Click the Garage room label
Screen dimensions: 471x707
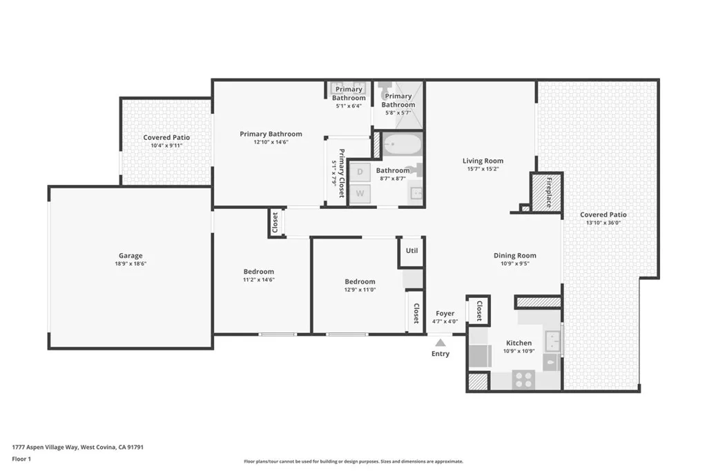pyautogui.click(x=130, y=256)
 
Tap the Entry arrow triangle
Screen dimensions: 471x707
pyautogui.click(x=440, y=342)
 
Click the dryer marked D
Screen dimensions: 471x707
pyautogui.click(x=360, y=171)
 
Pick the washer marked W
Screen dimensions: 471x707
pyautogui.click(x=360, y=194)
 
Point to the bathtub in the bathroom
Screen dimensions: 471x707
pyautogui.click(x=401, y=145)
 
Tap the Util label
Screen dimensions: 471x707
pyautogui.click(x=411, y=251)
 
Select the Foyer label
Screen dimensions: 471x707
pyautogui.click(x=445, y=313)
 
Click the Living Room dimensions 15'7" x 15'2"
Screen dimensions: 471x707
pyautogui.click(x=483, y=169)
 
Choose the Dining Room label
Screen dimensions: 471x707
pyautogui.click(x=514, y=255)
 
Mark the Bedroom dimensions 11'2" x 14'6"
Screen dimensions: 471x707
pyautogui.click(x=258, y=279)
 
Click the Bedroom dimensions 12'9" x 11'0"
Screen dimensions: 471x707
pyautogui.click(x=360, y=290)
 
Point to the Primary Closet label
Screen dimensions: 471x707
pyautogui.click(x=341, y=174)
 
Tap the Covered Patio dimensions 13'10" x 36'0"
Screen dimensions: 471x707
pyautogui.click(x=603, y=223)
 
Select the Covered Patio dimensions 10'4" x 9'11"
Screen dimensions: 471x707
pyautogui.click(x=166, y=146)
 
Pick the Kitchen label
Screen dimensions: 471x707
pyautogui.click(x=519, y=343)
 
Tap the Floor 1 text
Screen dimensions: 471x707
pyautogui.click(x=22, y=459)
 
